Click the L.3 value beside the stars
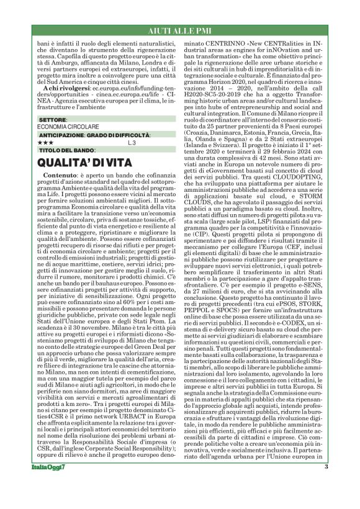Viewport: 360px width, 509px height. click(x=132, y=143)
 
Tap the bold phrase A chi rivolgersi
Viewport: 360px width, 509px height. click(x=66, y=89)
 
